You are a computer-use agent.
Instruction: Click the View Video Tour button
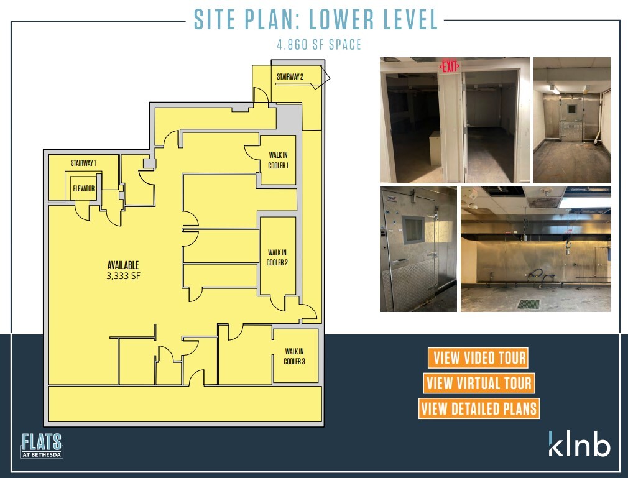pos(478,357)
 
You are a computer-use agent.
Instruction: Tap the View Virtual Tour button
pos(478,383)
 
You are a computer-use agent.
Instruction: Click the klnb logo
pos(579,443)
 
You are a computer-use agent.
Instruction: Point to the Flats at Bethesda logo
pos(42,445)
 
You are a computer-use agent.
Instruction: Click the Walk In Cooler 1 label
pos(277,160)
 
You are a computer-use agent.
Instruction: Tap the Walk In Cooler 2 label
pos(277,257)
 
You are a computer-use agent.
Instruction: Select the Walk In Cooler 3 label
pos(294,356)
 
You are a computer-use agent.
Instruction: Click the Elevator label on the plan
pos(83,188)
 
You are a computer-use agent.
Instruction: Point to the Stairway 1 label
pos(83,163)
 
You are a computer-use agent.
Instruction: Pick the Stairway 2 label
pos(290,76)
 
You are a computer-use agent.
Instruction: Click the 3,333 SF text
pos(122,276)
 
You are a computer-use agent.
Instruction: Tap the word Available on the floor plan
pos(122,265)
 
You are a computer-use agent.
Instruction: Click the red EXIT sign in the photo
pos(450,66)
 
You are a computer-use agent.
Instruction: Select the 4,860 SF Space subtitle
pos(319,45)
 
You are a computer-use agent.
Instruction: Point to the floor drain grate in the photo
pos(529,304)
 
